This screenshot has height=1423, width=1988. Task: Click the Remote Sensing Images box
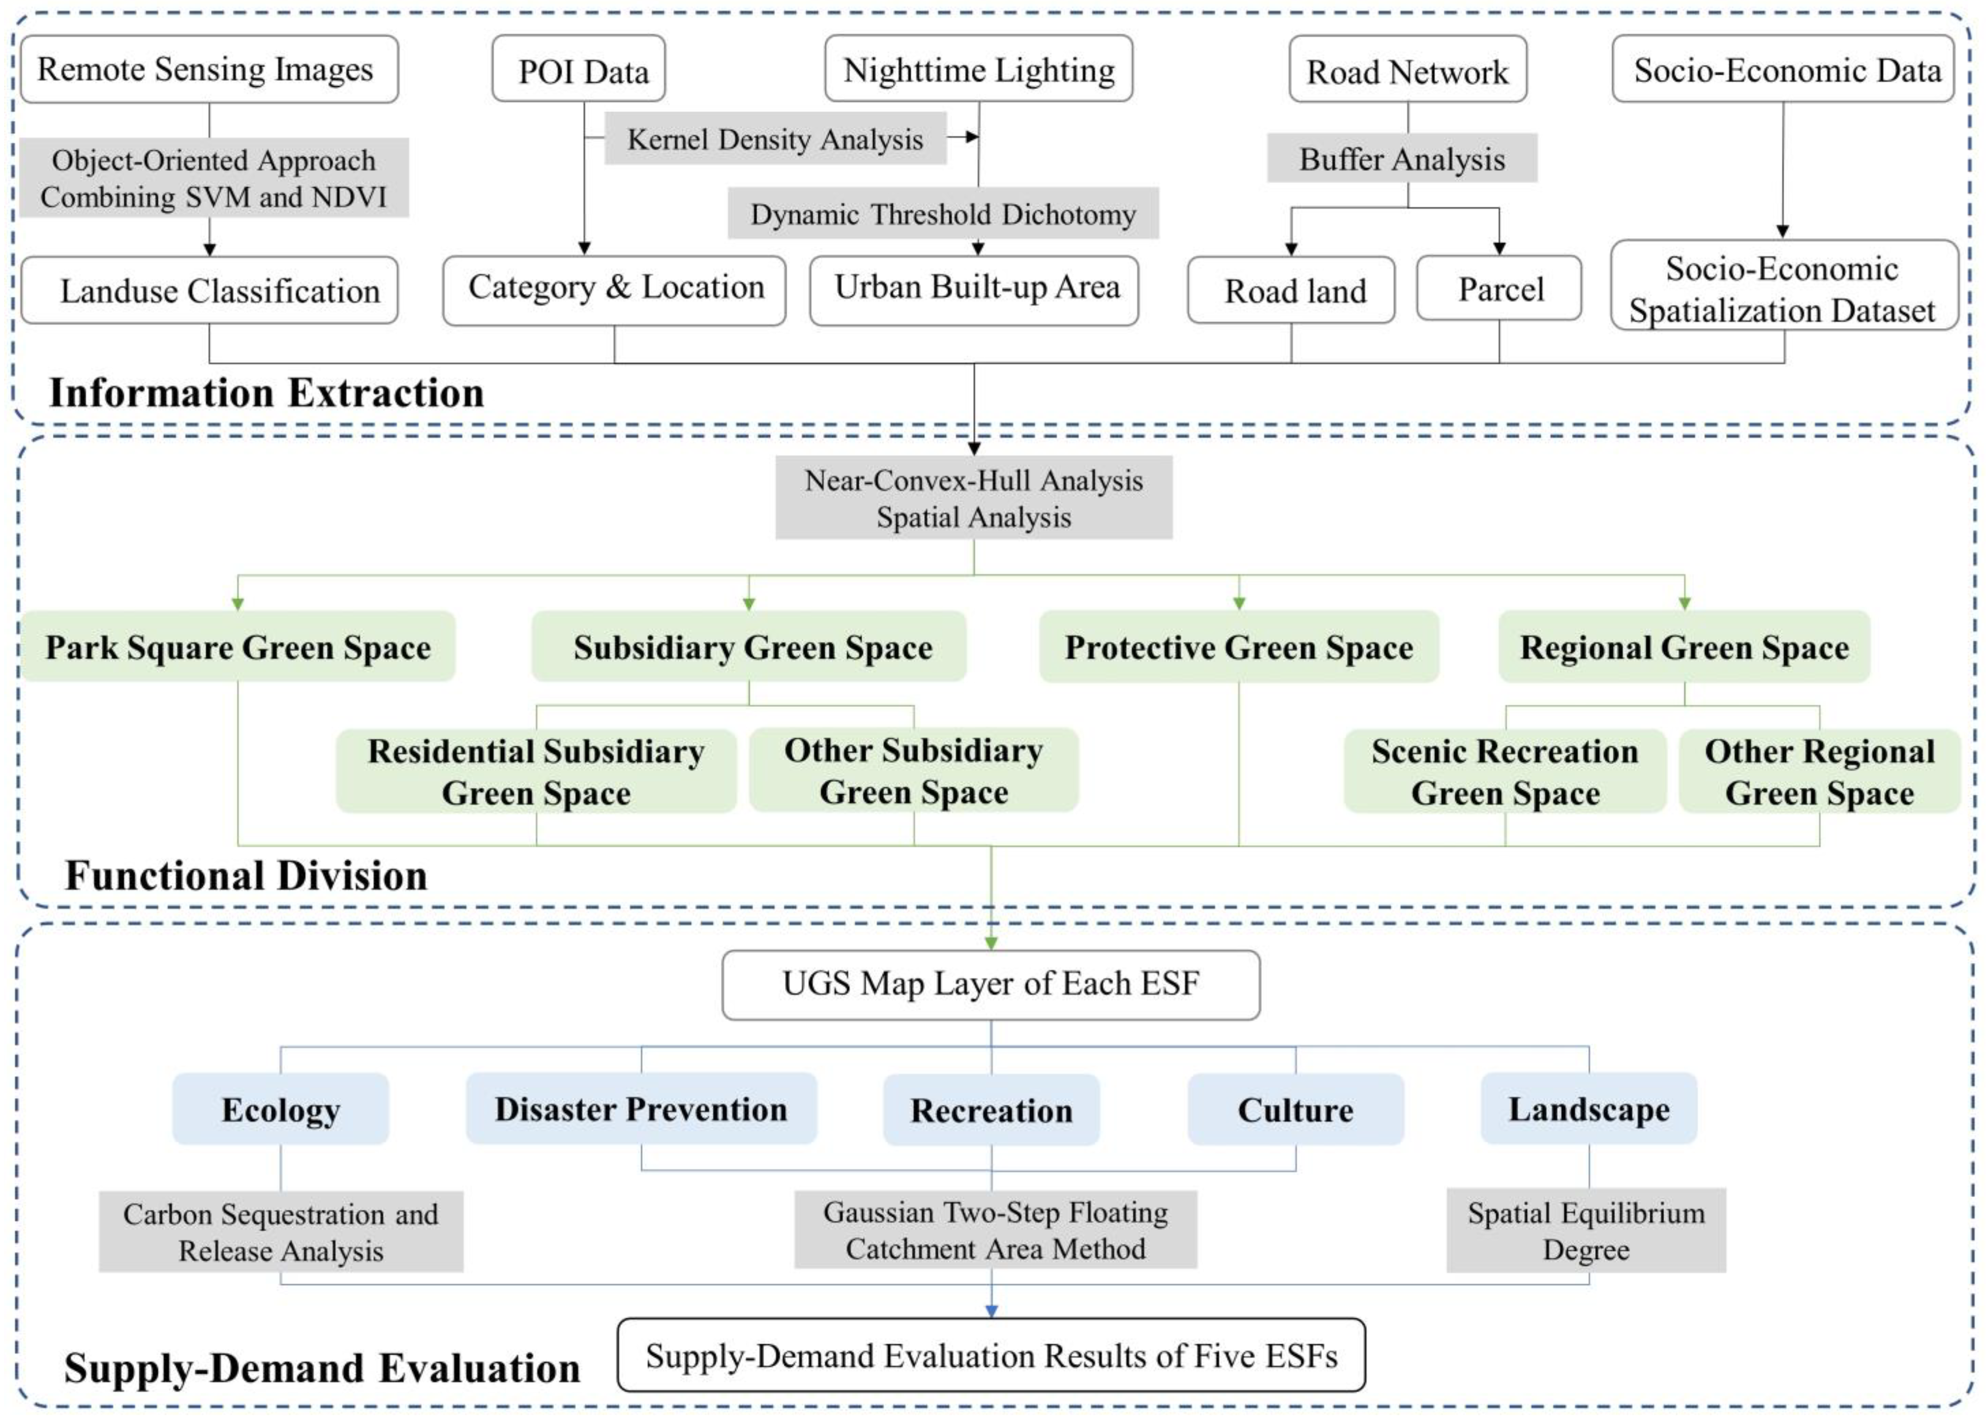[x=209, y=69]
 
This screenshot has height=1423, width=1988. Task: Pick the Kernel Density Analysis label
[x=775, y=139]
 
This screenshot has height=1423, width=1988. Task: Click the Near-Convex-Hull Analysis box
[x=974, y=497]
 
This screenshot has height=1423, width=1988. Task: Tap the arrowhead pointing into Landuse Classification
[x=209, y=250]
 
